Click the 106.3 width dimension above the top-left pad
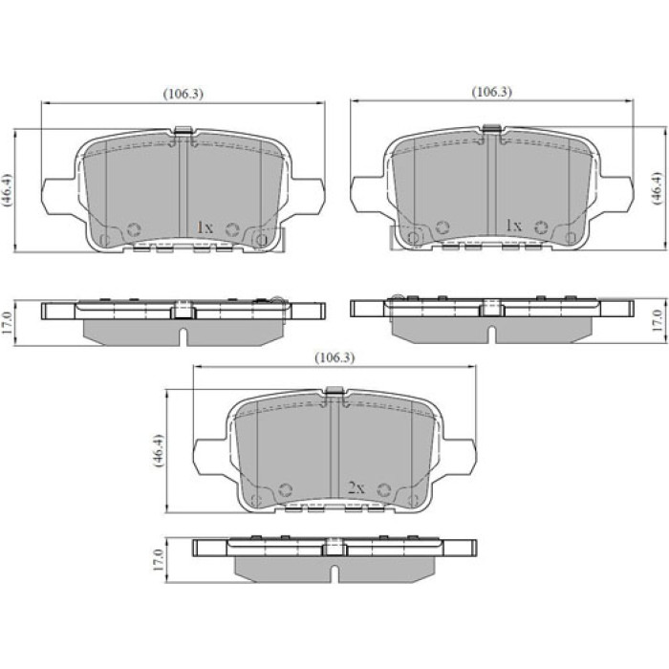coord(183,94)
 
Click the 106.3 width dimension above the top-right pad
coord(491,92)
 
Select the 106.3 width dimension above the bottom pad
coord(334,357)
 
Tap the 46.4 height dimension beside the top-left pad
coord(8,190)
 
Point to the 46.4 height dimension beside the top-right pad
coord(658,189)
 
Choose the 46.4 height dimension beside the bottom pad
coord(157,450)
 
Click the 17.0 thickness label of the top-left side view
coord(8,323)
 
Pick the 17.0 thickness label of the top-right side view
coord(658,321)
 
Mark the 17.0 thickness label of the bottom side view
coord(159,560)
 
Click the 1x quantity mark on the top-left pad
coord(205,227)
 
